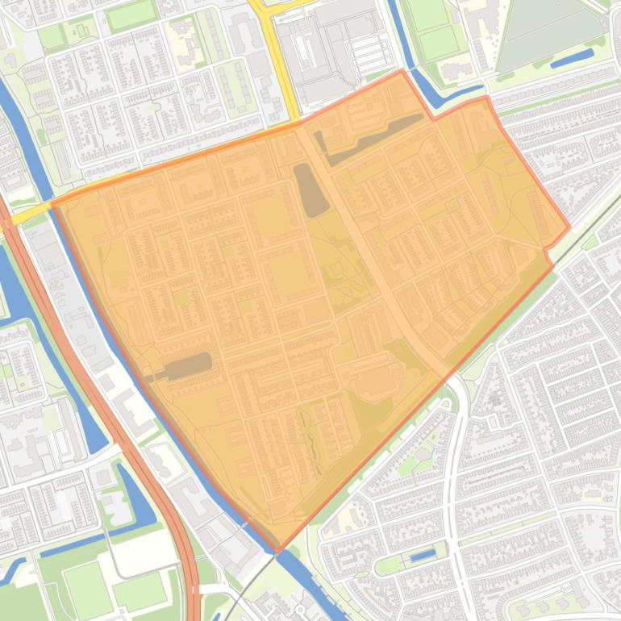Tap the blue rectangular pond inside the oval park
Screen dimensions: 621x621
coord(422,556)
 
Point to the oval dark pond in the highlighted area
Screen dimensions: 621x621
coord(310,190)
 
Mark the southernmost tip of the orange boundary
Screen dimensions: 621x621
coord(277,551)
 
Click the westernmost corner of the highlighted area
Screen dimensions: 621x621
coord(52,204)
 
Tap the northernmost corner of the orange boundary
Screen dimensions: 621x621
coord(402,71)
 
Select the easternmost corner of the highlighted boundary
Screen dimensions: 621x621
coord(569,227)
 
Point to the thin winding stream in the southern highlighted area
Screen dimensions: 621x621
coord(310,444)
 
